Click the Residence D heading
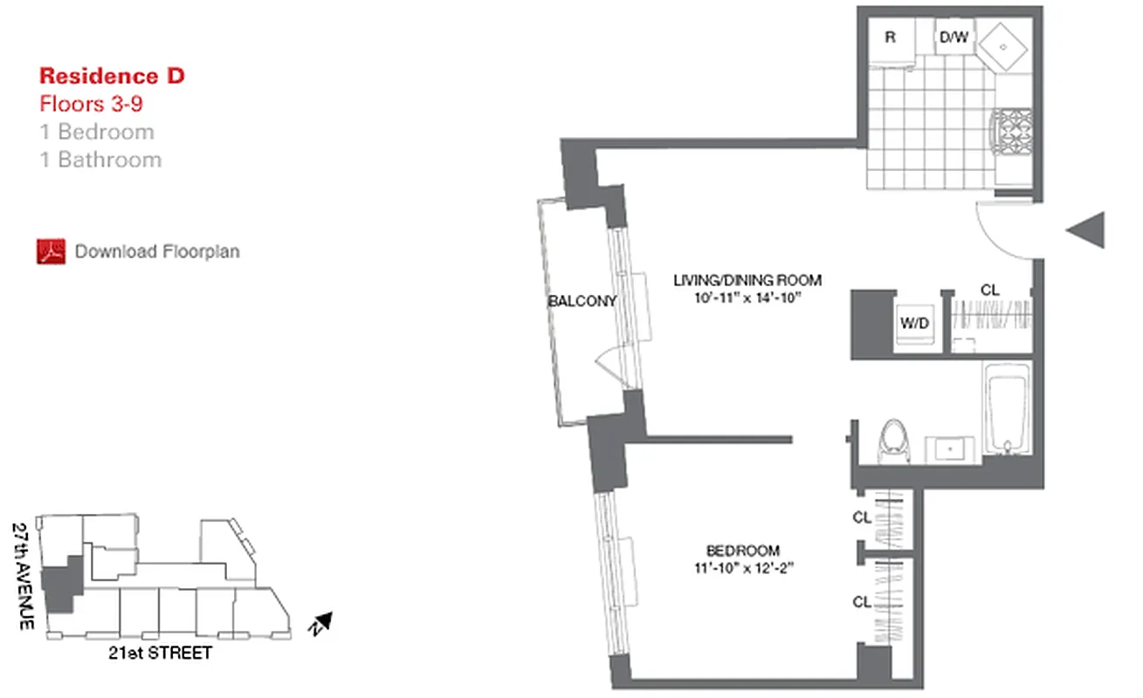112,76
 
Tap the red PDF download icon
52,251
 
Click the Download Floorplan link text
157,251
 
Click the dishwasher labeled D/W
952,39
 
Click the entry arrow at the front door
1087,230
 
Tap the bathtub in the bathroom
1008,408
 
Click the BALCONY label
582,301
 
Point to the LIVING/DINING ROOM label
747,280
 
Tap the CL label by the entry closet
990,290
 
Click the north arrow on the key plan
320,623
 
